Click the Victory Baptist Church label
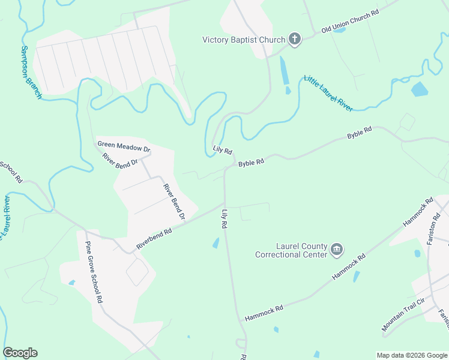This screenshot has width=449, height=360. click(243, 40)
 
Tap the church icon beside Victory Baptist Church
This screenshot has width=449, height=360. click(294, 40)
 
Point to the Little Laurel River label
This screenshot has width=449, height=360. click(328, 93)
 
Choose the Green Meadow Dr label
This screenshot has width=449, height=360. click(124, 147)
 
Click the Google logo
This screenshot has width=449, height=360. click(20, 353)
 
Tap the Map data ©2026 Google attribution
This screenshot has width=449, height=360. click(412, 355)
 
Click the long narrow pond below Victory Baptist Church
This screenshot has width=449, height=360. click(283, 71)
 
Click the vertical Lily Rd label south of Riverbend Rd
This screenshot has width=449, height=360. click(225, 218)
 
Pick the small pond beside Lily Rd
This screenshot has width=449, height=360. click(215, 243)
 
